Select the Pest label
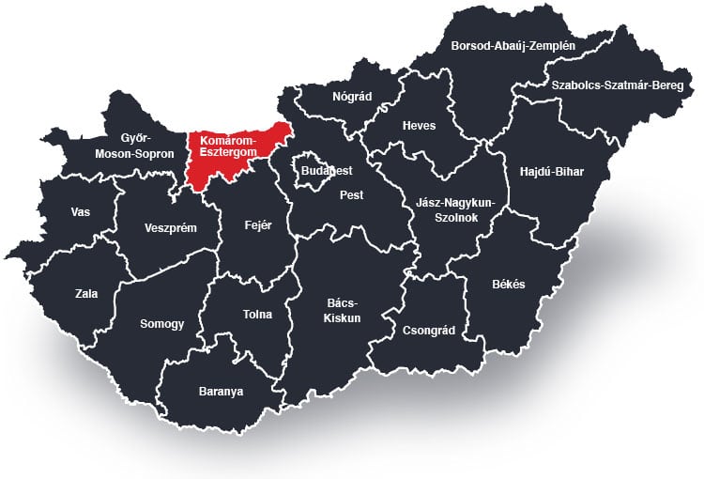(x=351, y=195)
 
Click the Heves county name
(x=419, y=126)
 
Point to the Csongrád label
(x=428, y=331)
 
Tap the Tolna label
(x=257, y=315)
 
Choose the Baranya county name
(x=221, y=391)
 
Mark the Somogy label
(x=161, y=323)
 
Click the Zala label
(x=86, y=293)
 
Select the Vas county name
(x=81, y=211)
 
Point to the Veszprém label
(x=170, y=227)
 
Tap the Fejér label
(x=257, y=224)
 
